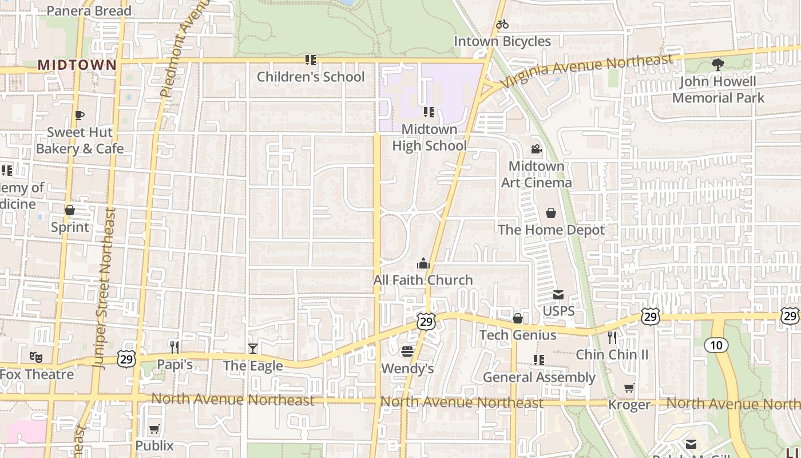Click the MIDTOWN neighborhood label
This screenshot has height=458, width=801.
[x=77, y=65]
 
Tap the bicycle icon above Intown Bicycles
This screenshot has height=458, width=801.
[x=502, y=24]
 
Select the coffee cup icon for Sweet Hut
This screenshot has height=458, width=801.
[x=80, y=115]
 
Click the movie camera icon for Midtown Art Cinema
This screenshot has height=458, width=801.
[x=536, y=149]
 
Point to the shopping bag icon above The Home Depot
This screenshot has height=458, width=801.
[x=551, y=213]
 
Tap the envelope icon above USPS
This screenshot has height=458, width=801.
[x=558, y=295]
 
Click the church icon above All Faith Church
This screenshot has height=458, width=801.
[x=423, y=263]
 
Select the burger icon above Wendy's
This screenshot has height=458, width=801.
[x=407, y=352]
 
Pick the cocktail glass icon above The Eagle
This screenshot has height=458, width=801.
[x=252, y=348]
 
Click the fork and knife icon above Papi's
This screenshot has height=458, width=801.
[x=175, y=347]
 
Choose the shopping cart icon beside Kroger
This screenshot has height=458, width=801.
[x=629, y=388]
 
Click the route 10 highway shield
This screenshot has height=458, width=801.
[x=716, y=345]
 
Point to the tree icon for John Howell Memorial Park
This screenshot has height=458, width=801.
[x=717, y=65]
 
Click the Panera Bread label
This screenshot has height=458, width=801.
[x=89, y=11]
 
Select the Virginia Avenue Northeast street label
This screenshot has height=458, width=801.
[x=587, y=70]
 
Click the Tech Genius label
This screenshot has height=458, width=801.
[x=518, y=335]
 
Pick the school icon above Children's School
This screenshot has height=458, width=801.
[x=311, y=60]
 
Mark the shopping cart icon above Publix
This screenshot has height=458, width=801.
[x=154, y=429]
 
